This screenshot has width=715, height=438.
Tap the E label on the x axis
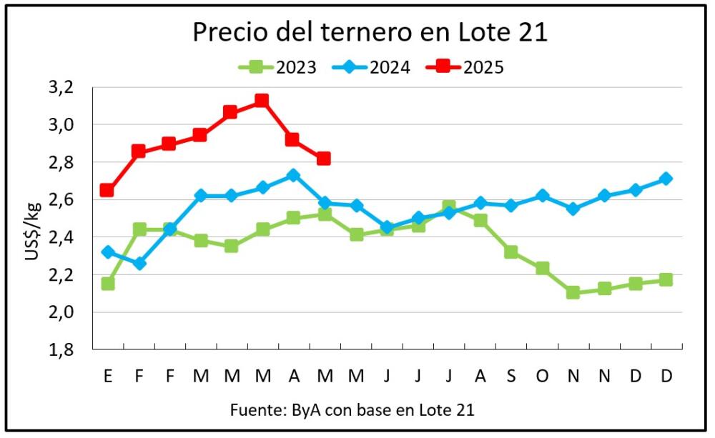(108, 376)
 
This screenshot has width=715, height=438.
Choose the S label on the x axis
(511, 376)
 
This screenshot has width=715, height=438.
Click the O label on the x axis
(543, 376)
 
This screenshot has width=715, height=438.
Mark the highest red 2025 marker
(262, 101)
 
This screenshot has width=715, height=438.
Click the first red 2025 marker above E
(107, 190)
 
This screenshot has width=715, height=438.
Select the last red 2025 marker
(323, 158)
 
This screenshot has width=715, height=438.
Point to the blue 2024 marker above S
(511, 206)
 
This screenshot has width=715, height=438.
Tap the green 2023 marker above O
(542, 269)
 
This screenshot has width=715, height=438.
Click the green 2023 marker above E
(107, 284)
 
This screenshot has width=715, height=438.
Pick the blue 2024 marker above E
(107, 252)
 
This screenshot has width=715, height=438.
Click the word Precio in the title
(228, 33)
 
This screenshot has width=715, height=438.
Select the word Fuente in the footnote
(254, 410)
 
